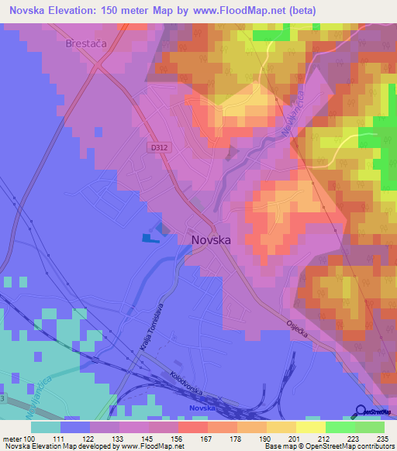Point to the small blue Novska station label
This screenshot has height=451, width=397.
click(x=203, y=407)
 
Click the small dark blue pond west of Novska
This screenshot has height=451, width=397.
click(x=150, y=238)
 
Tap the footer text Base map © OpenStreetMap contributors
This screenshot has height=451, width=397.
click(x=329, y=446)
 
